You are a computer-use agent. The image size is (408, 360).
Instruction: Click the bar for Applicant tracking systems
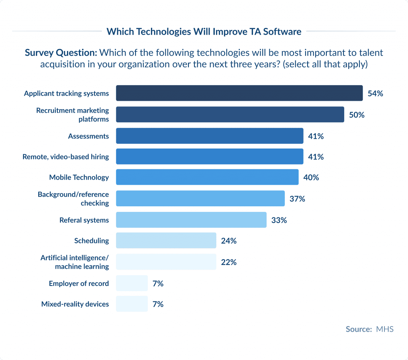[239, 93]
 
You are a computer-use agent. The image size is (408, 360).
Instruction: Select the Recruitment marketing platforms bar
[230, 114]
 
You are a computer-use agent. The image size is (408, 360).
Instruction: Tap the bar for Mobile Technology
[207, 177]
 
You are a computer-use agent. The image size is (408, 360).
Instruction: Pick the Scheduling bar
[166, 241]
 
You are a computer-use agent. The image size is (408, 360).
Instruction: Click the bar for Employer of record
[132, 283]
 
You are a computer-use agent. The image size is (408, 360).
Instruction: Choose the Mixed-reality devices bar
[132, 304]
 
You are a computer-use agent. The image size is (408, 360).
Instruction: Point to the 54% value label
[375, 94]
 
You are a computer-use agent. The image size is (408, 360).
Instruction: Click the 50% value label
[357, 115]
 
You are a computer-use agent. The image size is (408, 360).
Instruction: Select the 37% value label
[297, 199]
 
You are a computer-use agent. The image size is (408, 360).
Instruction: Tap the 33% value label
[279, 220]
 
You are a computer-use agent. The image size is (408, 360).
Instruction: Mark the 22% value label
[229, 262]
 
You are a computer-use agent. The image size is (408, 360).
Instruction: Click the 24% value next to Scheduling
[229, 241]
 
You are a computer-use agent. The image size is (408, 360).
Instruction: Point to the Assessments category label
[88, 136]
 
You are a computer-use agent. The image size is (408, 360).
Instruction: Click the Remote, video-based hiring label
[66, 157]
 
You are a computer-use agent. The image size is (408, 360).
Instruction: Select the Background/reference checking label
[73, 199]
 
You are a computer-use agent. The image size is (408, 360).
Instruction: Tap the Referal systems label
[84, 220]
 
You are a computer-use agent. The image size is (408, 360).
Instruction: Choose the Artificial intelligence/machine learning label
[75, 262]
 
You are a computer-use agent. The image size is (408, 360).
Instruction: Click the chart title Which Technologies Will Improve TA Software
[204, 31]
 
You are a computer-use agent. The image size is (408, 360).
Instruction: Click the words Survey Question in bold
[61, 53]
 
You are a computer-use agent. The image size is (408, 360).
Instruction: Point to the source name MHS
[385, 329]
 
